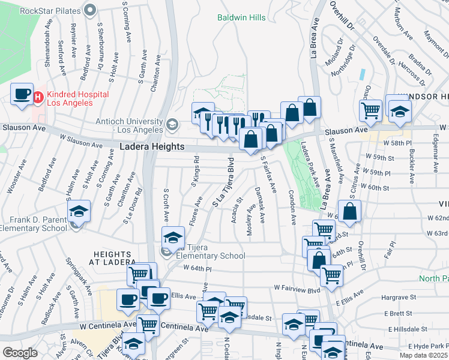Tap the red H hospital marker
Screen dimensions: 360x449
38,96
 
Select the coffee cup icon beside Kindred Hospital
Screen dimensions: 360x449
22,94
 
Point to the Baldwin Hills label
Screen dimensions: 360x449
241,17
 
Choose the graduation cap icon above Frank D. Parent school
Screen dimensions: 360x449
79,212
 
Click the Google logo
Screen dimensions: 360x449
20,353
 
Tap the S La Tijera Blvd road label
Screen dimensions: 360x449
223,184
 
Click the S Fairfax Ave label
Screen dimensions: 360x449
268,175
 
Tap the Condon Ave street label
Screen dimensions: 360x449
292,208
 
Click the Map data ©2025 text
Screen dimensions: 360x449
427,355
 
